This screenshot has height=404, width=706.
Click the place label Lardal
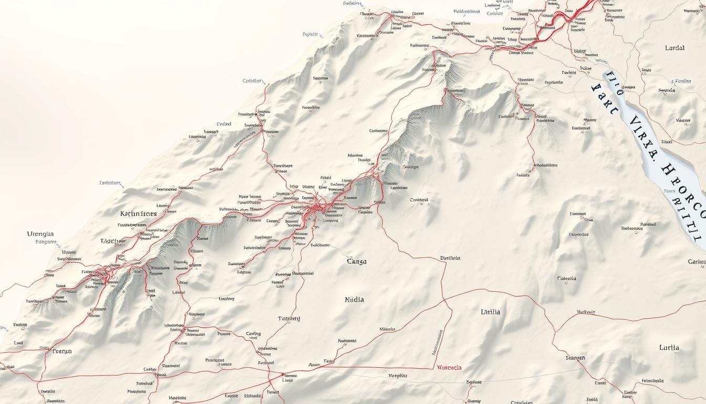point(674,48)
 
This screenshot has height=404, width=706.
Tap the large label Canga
point(357,261)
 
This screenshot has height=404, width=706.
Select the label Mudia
point(354,300)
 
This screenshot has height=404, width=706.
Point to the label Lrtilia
point(490,312)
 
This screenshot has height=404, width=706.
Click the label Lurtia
point(669,348)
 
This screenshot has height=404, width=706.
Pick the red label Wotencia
point(449,368)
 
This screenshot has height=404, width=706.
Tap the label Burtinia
point(450,258)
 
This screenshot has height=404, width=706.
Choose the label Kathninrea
point(138,214)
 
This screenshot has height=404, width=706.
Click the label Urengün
point(40,234)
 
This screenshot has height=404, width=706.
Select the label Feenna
point(62,351)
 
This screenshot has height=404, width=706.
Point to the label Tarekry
point(289,319)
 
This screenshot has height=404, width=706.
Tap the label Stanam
point(575,358)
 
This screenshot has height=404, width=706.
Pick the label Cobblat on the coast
point(252,81)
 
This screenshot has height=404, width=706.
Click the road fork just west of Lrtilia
point(445,300)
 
